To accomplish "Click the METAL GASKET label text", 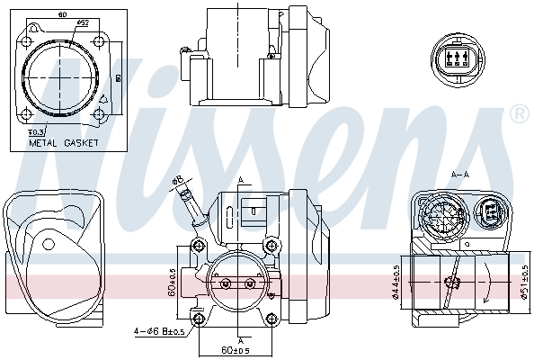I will coord(63,142).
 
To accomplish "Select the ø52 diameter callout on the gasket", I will coord(82,22).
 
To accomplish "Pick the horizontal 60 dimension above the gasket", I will coord(61,14).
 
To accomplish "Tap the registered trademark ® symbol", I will coord(519,114).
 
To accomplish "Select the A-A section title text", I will coord(459,173).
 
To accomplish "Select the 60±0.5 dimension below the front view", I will coord(236,349).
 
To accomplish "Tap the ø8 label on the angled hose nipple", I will coord(178,180).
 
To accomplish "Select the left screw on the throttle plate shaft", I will coord(225,284).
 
